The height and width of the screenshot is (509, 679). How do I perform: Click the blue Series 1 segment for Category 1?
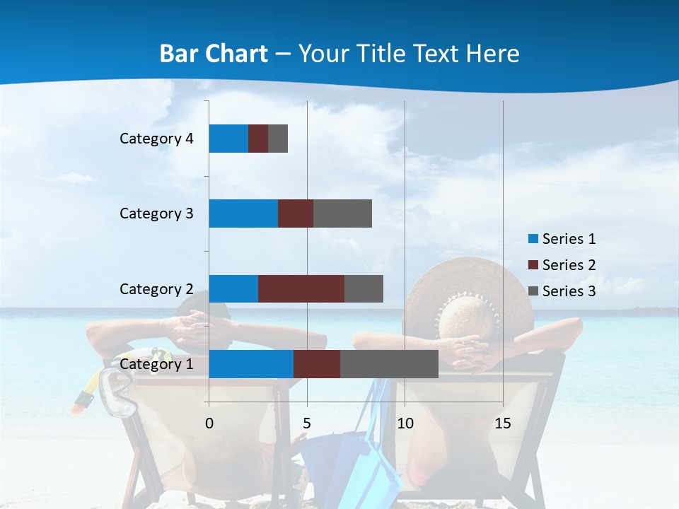[x=251, y=364]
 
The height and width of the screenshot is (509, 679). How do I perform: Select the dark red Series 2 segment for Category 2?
[x=301, y=288]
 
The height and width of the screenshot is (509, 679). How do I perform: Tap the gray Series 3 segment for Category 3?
[x=342, y=213]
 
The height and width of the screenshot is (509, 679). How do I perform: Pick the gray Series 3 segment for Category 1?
[x=389, y=364]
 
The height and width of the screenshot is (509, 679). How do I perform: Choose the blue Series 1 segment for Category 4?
[x=228, y=139]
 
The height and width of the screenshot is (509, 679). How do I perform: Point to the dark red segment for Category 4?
[x=258, y=139]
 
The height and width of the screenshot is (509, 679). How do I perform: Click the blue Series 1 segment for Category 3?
[x=243, y=213]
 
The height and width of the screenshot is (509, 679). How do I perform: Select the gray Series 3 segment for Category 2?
[x=364, y=288]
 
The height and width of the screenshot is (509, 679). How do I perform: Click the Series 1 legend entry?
[x=562, y=239]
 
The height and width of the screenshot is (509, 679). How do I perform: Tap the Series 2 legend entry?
[x=562, y=265]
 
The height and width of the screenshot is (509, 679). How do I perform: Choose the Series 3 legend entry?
[x=562, y=291]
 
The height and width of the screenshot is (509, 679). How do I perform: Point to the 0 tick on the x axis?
[x=209, y=423]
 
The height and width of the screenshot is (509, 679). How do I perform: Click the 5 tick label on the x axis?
[x=307, y=423]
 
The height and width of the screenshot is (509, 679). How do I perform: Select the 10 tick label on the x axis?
[x=405, y=423]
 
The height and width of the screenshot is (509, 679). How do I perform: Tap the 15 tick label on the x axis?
[x=503, y=423]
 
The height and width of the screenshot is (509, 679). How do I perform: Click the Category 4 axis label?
[x=156, y=139]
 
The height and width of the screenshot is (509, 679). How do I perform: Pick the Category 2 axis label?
[x=156, y=288]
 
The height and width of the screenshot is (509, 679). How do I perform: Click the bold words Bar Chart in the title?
[x=214, y=54]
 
